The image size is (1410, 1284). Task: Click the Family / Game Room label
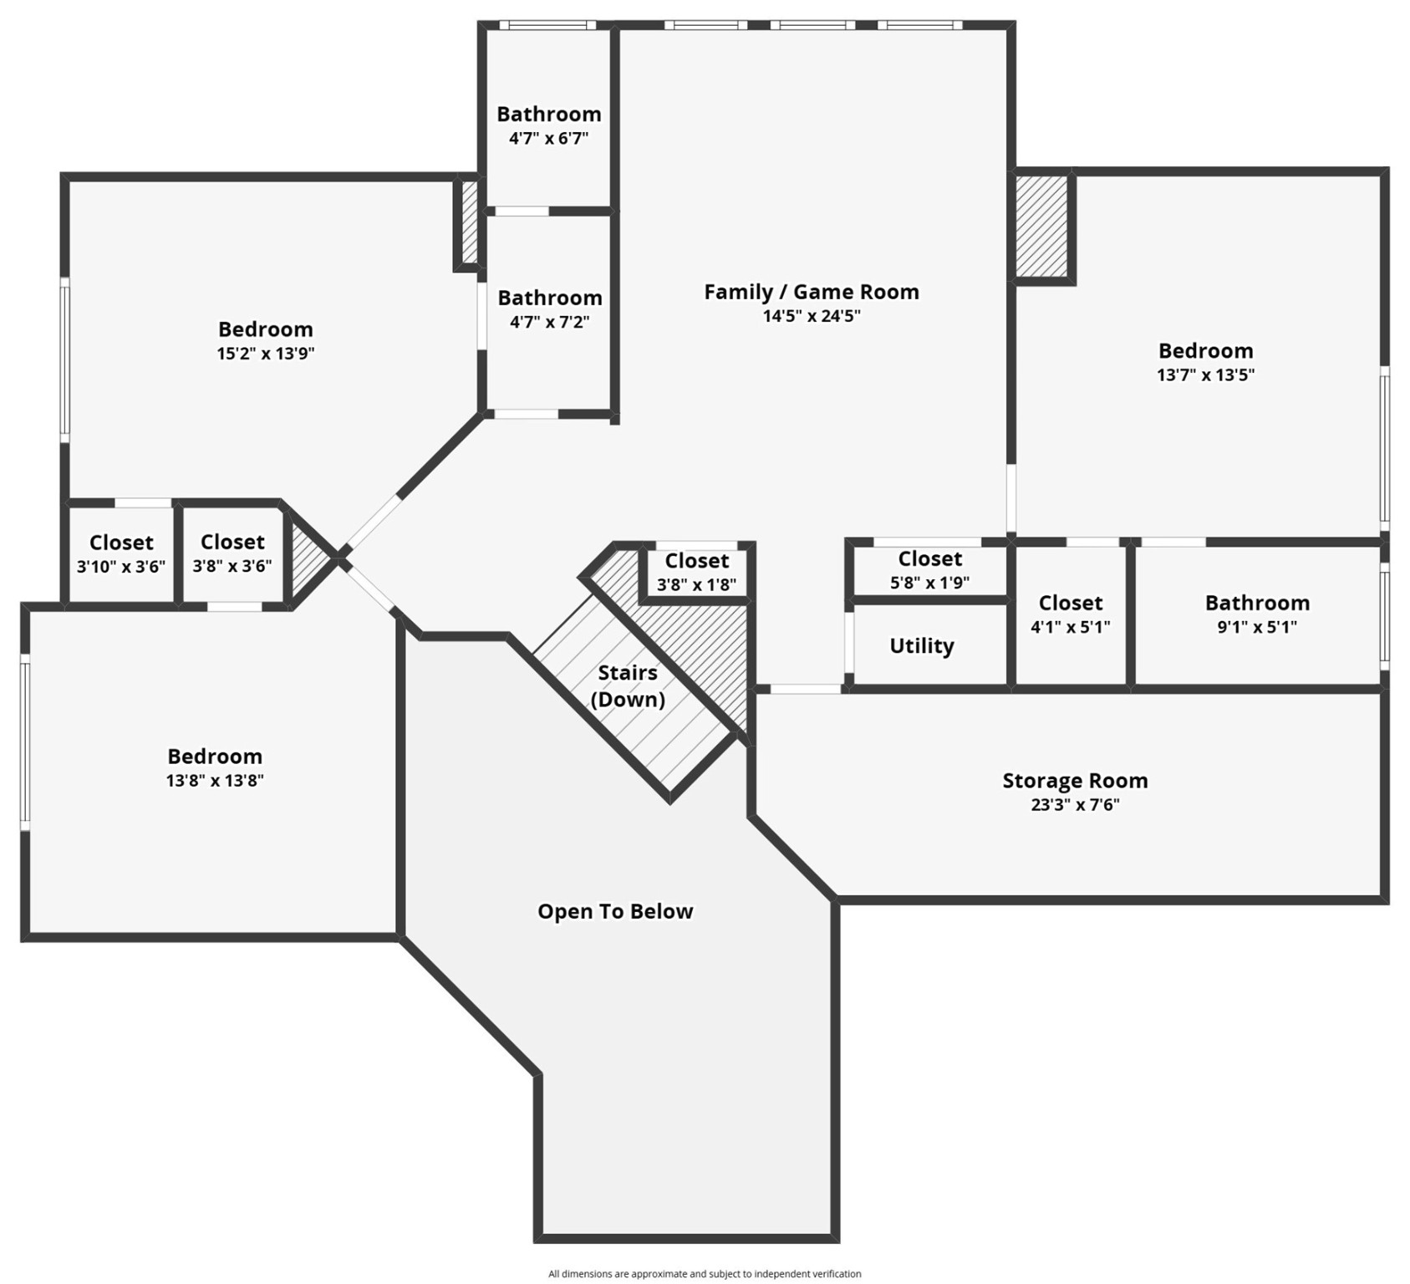(811, 292)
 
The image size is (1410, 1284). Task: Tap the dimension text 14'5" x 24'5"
(811, 316)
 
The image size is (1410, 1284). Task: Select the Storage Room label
(1075, 781)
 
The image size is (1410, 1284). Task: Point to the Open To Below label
(615, 911)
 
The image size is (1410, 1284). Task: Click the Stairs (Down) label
(628, 685)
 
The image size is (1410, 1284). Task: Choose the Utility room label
(921, 645)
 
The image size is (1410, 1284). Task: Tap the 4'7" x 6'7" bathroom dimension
(549, 138)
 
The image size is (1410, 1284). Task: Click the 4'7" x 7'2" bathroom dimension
(550, 322)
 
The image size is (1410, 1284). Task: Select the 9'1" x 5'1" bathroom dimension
(1257, 627)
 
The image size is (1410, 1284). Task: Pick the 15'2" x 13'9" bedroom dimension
(266, 353)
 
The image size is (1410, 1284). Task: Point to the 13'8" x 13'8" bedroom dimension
(215, 781)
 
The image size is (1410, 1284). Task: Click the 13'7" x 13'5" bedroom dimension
(1205, 374)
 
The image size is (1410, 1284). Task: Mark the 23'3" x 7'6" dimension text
(1075, 805)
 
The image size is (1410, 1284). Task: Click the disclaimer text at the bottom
(705, 1274)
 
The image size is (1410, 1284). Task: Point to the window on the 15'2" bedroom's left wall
(64, 359)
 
